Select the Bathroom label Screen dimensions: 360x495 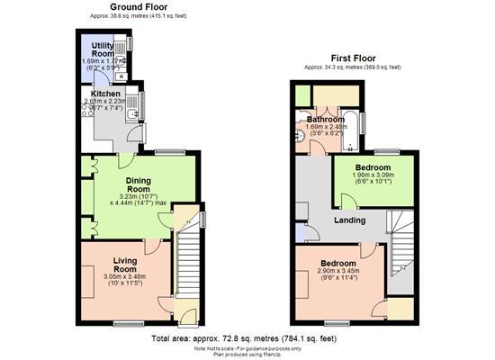click(x=325, y=119)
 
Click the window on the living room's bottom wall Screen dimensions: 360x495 click(x=129, y=321)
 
